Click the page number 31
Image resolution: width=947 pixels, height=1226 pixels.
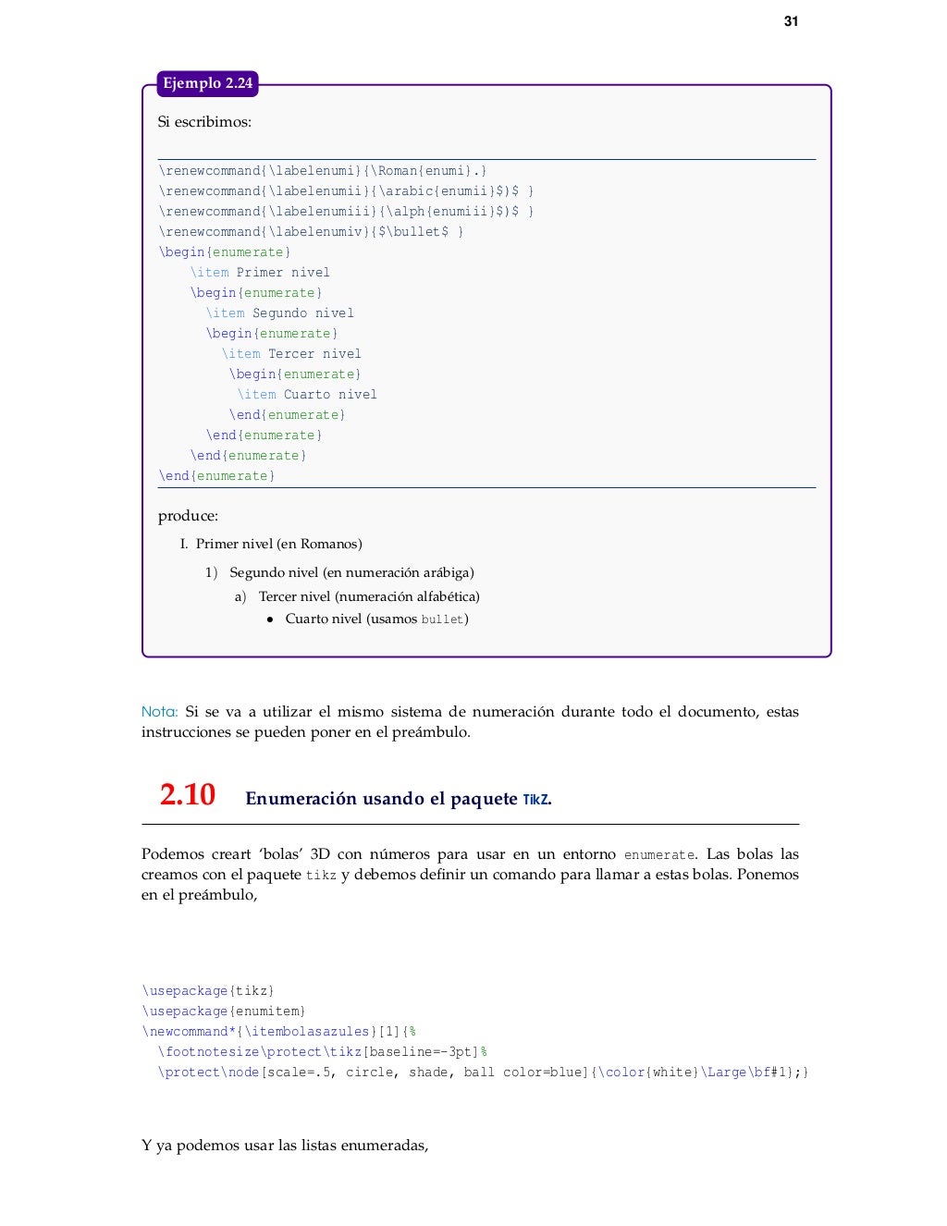(791, 21)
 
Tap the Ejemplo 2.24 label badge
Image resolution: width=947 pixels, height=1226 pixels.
(207, 83)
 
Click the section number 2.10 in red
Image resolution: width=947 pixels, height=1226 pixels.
(187, 795)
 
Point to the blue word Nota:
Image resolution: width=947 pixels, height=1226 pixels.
(159, 712)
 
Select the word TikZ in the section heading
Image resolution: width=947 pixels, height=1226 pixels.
(535, 800)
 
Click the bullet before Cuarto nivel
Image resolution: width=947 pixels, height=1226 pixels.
(270, 620)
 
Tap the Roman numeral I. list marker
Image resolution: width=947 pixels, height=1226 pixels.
(184, 545)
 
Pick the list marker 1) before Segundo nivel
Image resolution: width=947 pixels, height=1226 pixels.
(211, 573)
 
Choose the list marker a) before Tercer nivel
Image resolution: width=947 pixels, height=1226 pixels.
(240, 597)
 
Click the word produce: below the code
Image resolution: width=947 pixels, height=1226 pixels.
(188, 516)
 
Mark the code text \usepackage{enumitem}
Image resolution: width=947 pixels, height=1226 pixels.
(224, 1011)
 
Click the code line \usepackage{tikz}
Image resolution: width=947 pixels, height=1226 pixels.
(208, 991)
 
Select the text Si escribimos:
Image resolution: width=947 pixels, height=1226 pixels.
(204, 122)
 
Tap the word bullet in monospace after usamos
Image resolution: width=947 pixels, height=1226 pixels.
(442, 619)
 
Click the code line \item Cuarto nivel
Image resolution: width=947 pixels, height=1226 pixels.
(307, 395)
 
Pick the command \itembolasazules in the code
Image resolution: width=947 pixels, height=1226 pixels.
(307, 1032)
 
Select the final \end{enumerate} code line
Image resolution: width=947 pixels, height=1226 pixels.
(217, 476)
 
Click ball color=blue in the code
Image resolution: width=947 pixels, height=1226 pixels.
(525, 1073)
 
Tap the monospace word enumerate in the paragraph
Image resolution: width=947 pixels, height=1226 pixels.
(658, 855)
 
